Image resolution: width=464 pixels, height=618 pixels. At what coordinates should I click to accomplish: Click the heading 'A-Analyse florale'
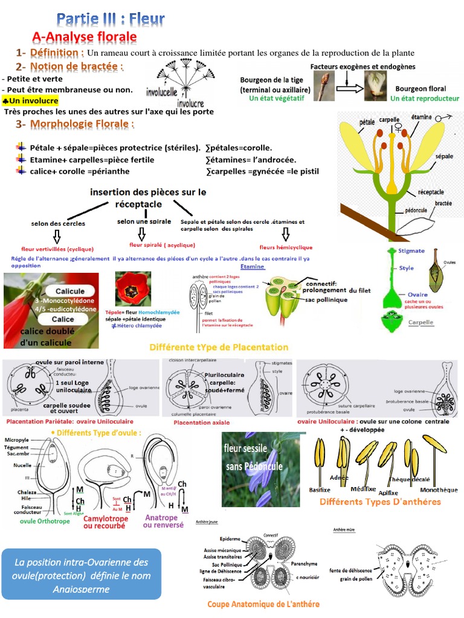(85, 37)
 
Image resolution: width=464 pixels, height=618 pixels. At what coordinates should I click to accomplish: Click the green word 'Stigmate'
(411, 250)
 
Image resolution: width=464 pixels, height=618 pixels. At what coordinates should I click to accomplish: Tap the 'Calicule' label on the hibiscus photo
(69, 291)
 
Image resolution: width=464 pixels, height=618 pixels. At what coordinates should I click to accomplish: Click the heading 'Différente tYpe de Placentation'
(219, 348)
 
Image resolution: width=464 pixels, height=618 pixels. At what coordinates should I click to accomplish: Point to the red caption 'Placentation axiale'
(201, 422)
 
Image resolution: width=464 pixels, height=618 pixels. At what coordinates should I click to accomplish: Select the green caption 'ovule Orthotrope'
(45, 521)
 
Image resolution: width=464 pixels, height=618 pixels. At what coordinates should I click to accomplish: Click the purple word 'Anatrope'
(161, 517)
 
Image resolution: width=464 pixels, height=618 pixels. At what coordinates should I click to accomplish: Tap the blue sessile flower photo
(260, 469)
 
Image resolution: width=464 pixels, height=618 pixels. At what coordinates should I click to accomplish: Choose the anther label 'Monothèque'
(439, 489)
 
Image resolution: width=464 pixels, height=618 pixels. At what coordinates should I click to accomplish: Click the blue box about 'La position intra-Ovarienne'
(81, 574)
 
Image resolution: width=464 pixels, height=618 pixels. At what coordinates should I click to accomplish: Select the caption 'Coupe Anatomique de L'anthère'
(263, 604)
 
